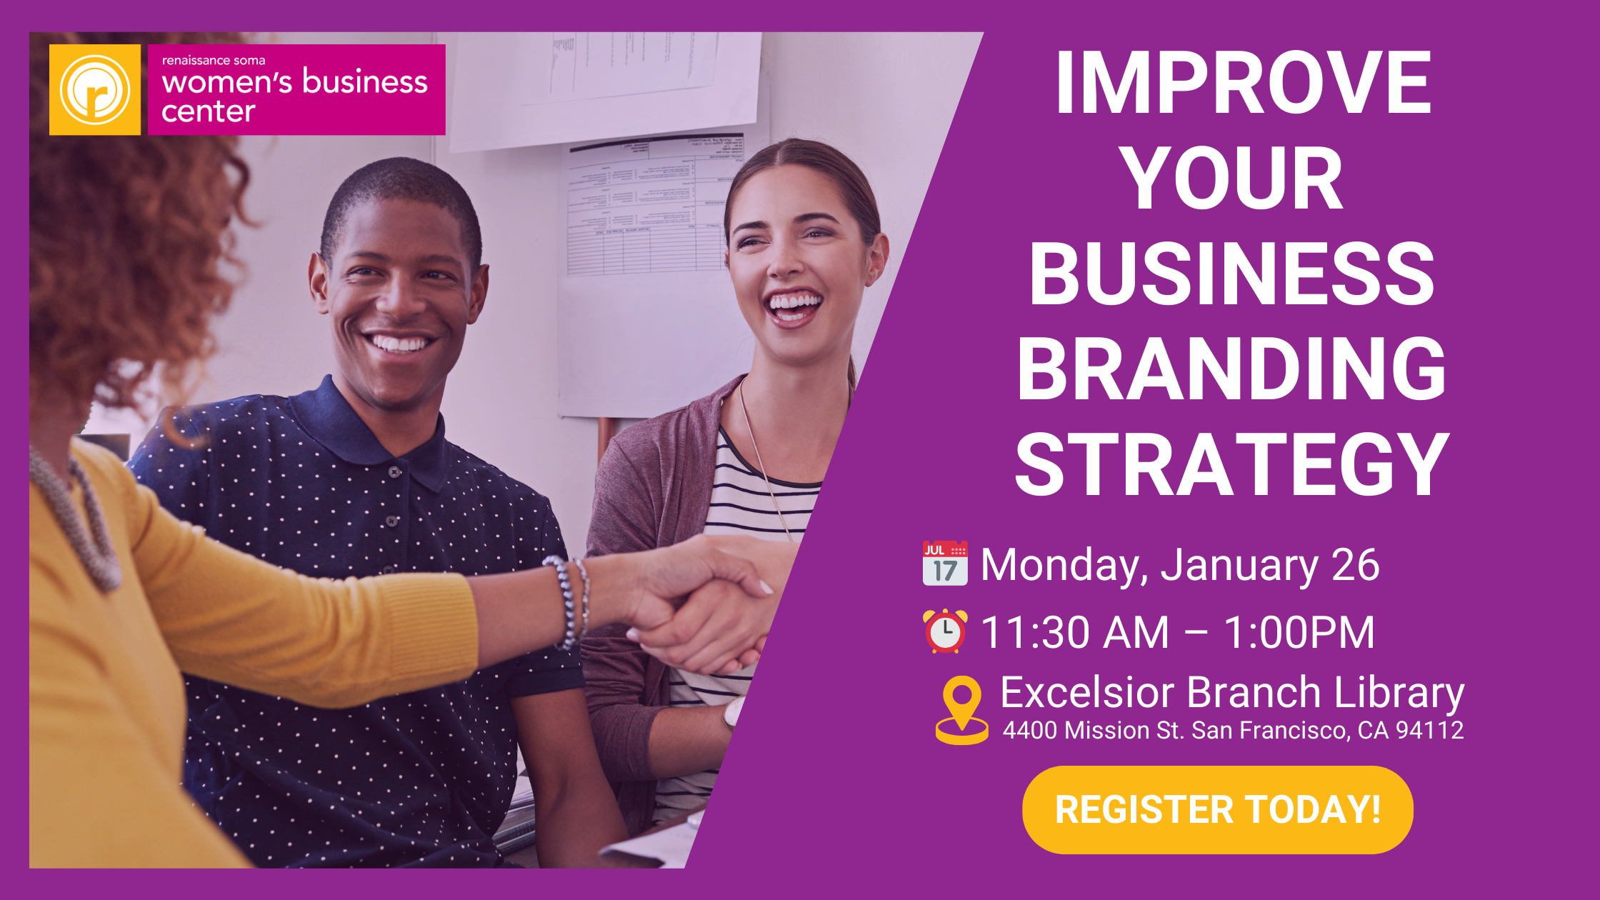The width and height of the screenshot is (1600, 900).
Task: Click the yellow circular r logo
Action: pyautogui.click(x=95, y=90)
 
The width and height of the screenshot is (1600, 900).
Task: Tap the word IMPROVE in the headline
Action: pyautogui.click(x=1244, y=83)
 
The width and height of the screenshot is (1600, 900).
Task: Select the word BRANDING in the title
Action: pyautogui.click(x=1232, y=369)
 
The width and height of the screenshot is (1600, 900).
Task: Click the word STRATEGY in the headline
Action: pyautogui.click(x=1232, y=465)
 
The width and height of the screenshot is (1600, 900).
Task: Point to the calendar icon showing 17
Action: pyautogui.click(x=945, y=564)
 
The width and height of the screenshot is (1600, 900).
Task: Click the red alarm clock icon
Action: pyautogui.click(x=945, y=631)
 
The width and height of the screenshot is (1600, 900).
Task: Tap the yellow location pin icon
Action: pyautogui.click(x=962, y=710)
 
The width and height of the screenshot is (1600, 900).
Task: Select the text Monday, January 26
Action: pyautogui.click(x=1180, y=565)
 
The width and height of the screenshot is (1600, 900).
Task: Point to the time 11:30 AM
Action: pyautogui.click(x=1075, y=632)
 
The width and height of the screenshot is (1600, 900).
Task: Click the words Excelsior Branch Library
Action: pyautogui.click(x=1232, y=693)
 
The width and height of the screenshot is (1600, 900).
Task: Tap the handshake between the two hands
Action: pyautogui.click(x=704, y=607)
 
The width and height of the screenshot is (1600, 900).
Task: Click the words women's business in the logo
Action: pyautogui.click(x=294, y=81)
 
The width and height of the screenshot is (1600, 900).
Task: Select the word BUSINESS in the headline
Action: pyautogui.click(x=1232, y=274)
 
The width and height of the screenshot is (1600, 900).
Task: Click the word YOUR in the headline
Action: pyautogui.click(x=1234, y=178)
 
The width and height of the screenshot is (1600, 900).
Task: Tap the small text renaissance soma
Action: pyautogui.click(x=214, y=60)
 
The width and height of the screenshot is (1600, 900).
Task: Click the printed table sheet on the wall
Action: pyautogui.click(x=654, y=207)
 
